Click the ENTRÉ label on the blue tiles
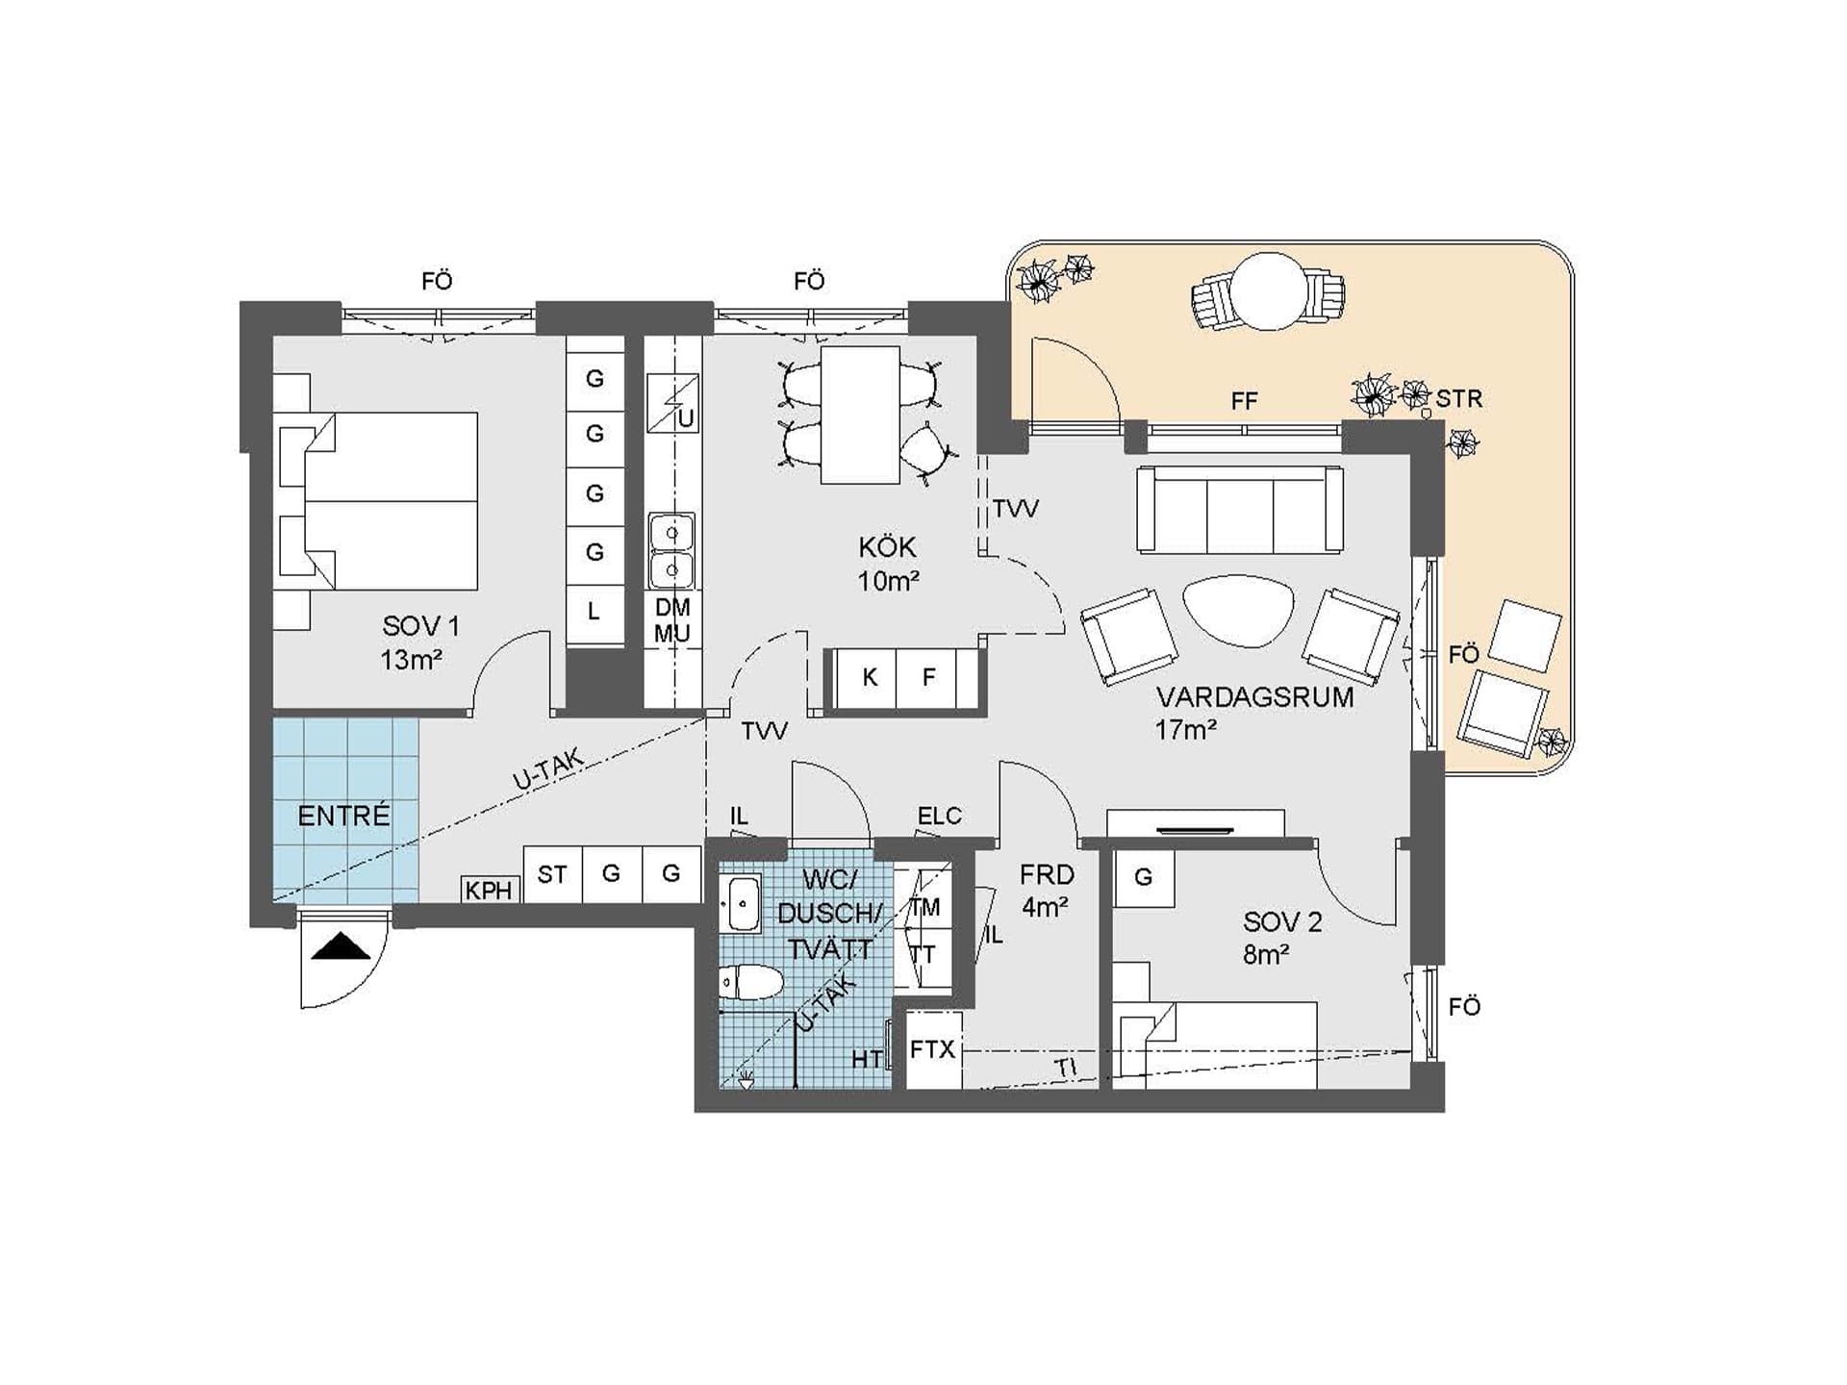343,816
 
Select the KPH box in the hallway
489,890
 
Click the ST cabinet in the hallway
552,874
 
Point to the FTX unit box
933,1049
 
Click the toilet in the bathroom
751,982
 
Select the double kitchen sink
671,550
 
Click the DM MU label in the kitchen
672,620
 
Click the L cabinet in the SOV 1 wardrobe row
595,612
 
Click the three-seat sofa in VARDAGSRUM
1240,510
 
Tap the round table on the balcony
1270,290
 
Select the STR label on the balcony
1459,398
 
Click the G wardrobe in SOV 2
1144,877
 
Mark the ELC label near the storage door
939,816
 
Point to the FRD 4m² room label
1047,891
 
